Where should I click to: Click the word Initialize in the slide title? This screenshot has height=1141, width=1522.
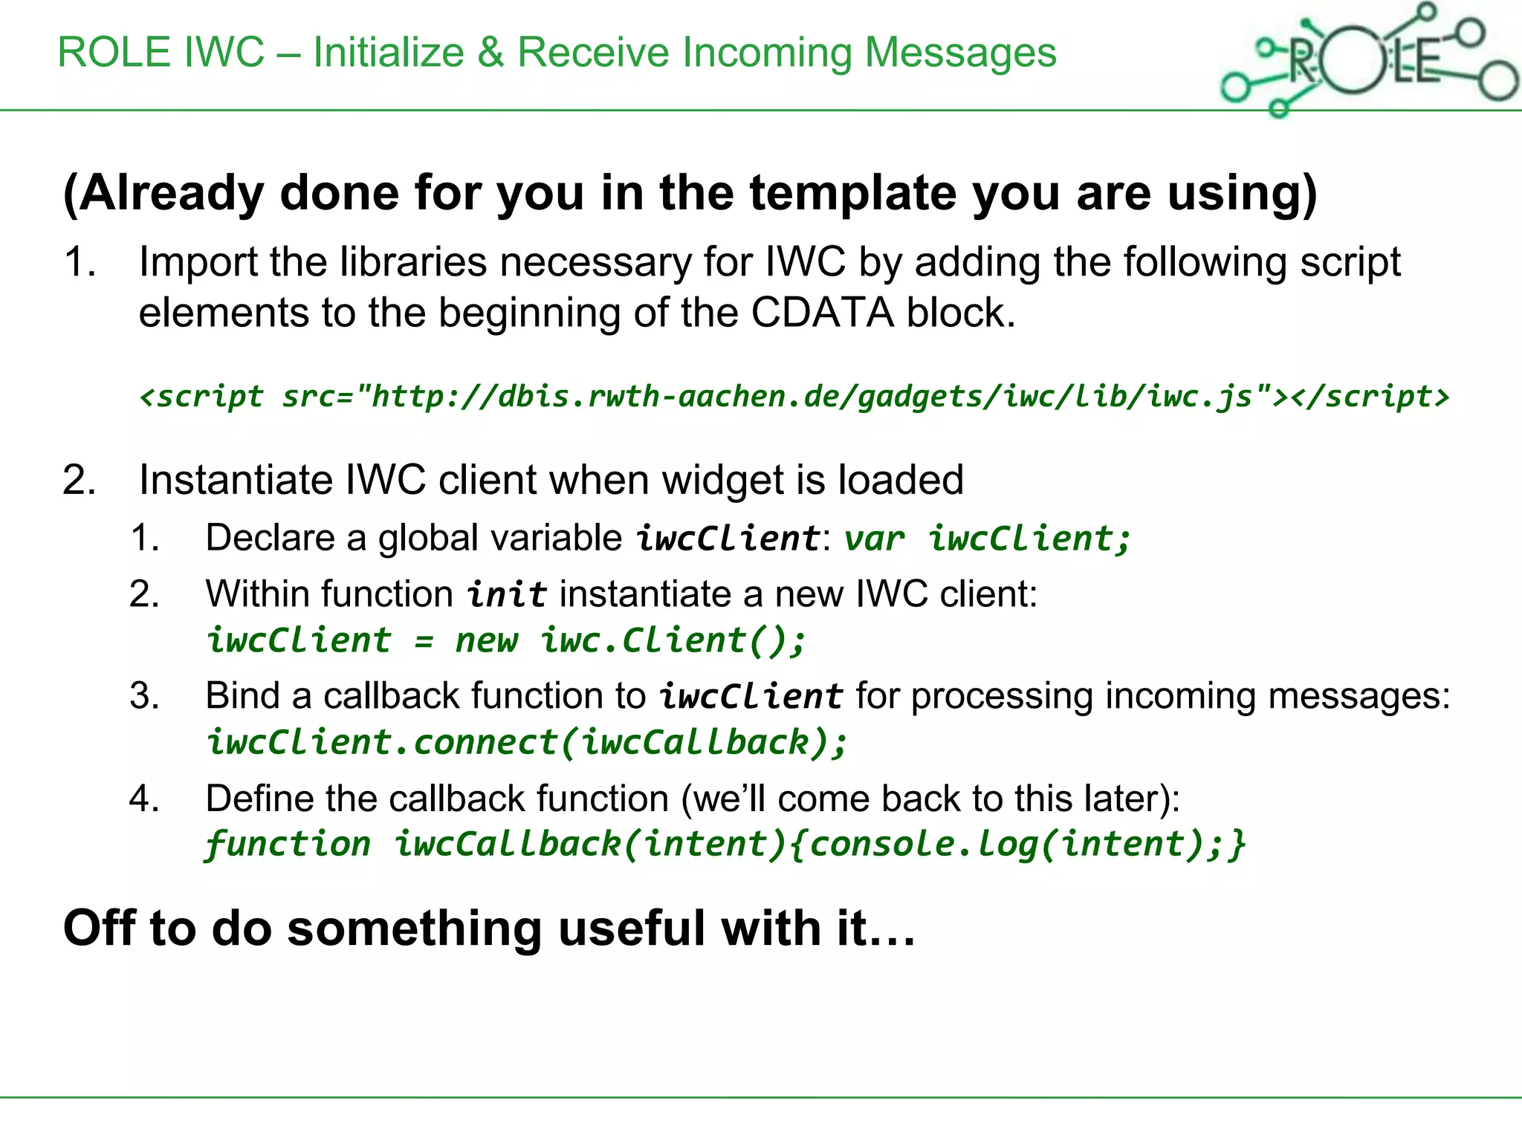pos(388,53)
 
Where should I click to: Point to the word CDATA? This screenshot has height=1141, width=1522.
pos(822,313)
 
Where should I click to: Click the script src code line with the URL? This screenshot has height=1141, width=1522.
pos(794,397)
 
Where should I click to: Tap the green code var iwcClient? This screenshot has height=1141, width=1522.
pos(988,539)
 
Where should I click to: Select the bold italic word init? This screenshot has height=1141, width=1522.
pos(507,595)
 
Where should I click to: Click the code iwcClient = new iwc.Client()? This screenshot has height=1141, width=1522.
pos(506,641)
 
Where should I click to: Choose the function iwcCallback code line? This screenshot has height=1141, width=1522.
pos(725,845)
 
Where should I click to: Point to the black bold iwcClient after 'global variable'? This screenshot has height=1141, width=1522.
pos(728,539)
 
